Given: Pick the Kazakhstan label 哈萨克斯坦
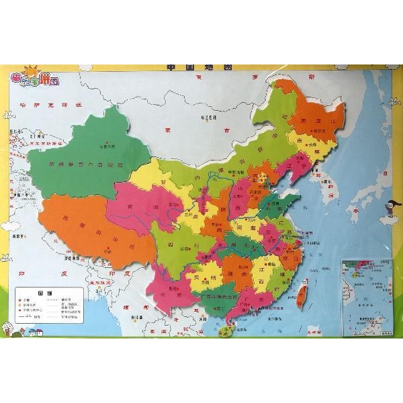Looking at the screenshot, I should coord(54,105).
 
